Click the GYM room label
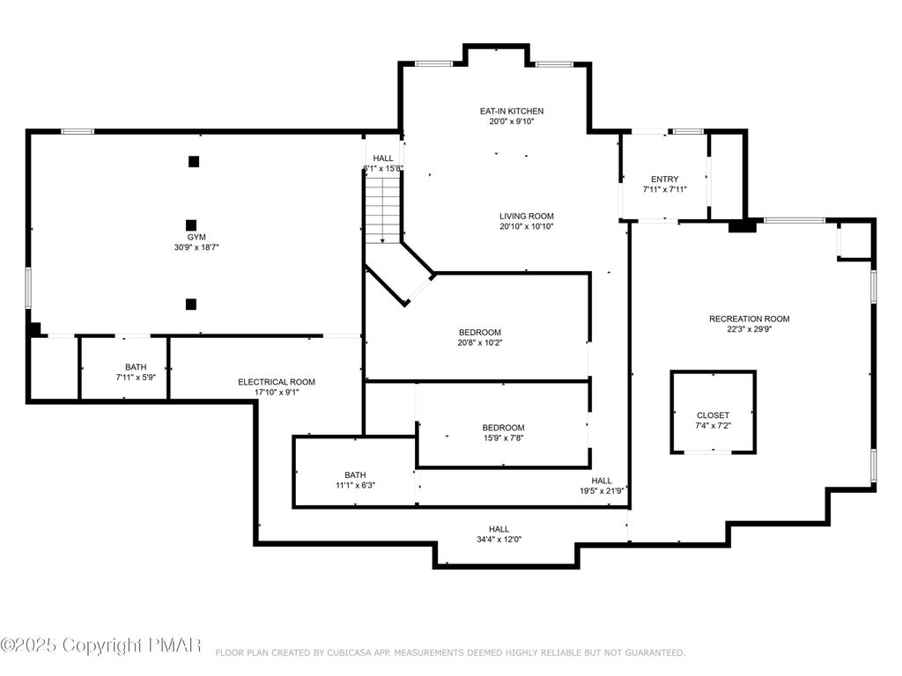pyautogui.click(x=196, y=237)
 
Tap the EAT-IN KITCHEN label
pyautogui.click(x=512, y=111)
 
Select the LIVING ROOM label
pyautogui.click(x=527, y=217)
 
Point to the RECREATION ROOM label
pyautogui.click(x=749, y=319)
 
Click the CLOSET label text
pyautogui.click(x=713, y=415)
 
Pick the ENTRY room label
pyautogui.click(x=664, y=179)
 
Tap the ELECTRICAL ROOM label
pyautogui.click(x=277, y=382)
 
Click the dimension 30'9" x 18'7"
pyautogui.click(x=196, y=247)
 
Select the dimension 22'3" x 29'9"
pyautogui.click(x=749, y=329)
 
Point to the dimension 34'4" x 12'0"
pyautogui.click(x=499, y=540)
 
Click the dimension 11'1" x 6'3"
pyautogui.click(x=355, y=485)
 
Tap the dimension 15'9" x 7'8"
pyautogui.click(x=503, y=438)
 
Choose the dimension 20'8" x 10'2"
pyautogui.click(x=480, y=342)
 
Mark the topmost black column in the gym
pyautogui.click(x=194, y=162)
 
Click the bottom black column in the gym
pyautogui.click(x=191, y=304)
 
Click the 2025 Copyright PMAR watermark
pyautogui.click(x=100, y=645)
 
